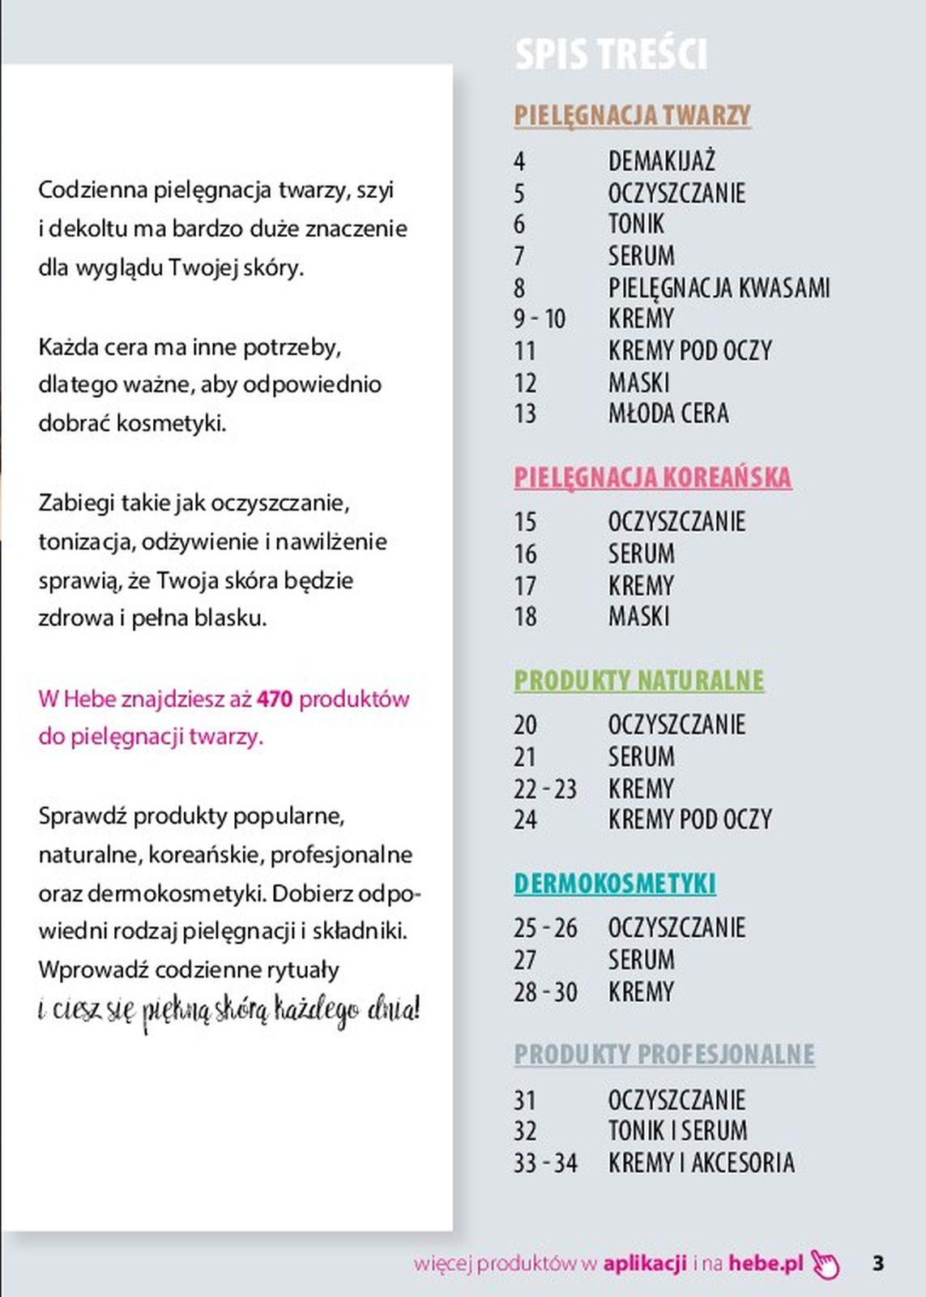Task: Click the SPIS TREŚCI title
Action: [x=611, y=54]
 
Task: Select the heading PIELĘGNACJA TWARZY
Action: [x=632, y=115]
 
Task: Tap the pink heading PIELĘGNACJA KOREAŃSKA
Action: [x=652, y=477]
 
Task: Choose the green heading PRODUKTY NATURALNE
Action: [x=638, y=680]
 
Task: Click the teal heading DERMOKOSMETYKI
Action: [x=615, y=884]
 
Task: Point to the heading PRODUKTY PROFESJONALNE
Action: [x=664, y=1054]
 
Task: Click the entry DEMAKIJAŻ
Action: [x=661, y=161]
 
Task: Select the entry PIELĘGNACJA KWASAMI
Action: [x=719, y=288]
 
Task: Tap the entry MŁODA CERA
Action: [x=668, y=413]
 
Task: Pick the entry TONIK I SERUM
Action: [x=677, y=1131]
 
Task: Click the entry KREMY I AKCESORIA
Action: [x=701, y=1162]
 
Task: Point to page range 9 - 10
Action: [x=539, y=319]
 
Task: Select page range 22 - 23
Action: [x=544, y=789]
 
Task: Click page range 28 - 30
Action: [x=544, y=992]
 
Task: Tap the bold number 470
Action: [x=274, y=699]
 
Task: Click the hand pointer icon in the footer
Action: [x=825, y=1264]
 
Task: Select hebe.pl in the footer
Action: [x=766, y=1263]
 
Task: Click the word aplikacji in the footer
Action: [x=644, y=1263]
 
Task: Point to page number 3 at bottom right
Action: [x=877, y=1263]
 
